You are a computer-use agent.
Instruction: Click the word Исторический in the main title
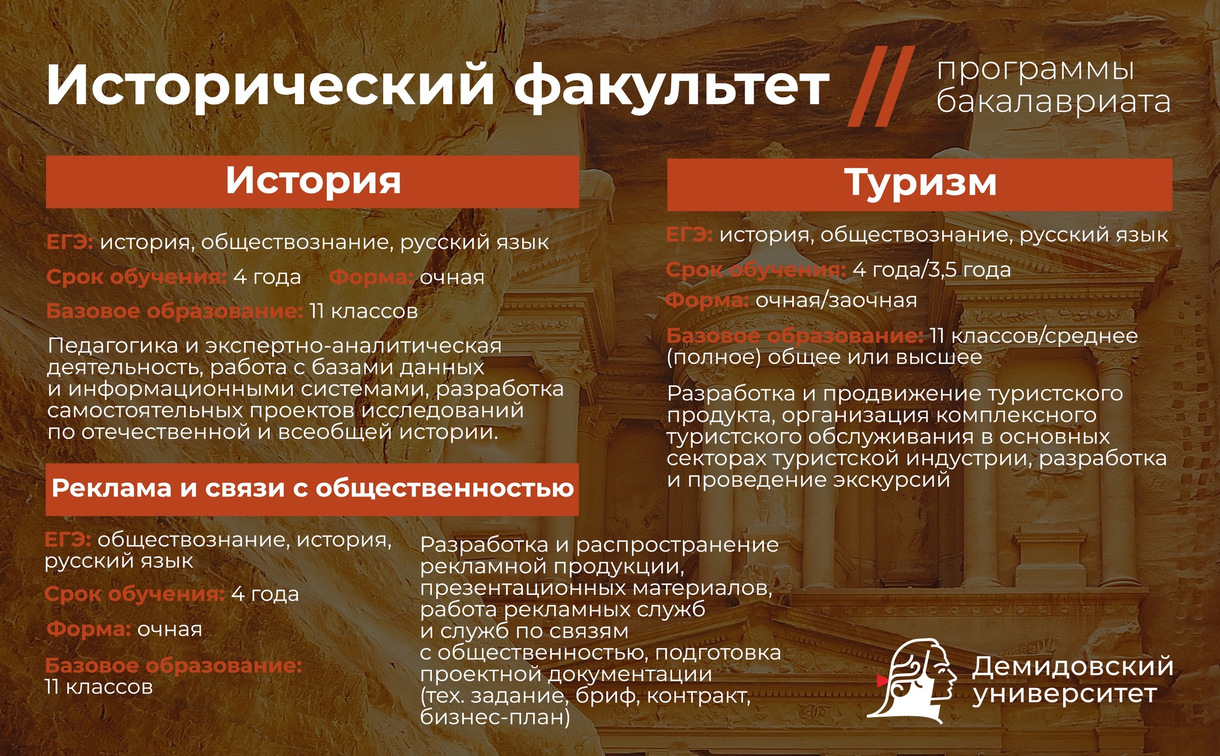(271, 85)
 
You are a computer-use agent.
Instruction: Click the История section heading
(313, 181)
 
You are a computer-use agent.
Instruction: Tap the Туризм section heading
(920, 183)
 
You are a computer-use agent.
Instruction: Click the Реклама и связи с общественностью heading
(313, 488)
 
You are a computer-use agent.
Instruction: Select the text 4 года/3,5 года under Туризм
(931, 270)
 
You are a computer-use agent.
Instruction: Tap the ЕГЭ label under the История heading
(70, 242)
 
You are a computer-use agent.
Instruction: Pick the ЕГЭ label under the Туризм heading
(689, 234)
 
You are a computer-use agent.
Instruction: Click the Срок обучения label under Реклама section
(135, 594)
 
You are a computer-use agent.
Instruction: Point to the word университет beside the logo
(1065, 694)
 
